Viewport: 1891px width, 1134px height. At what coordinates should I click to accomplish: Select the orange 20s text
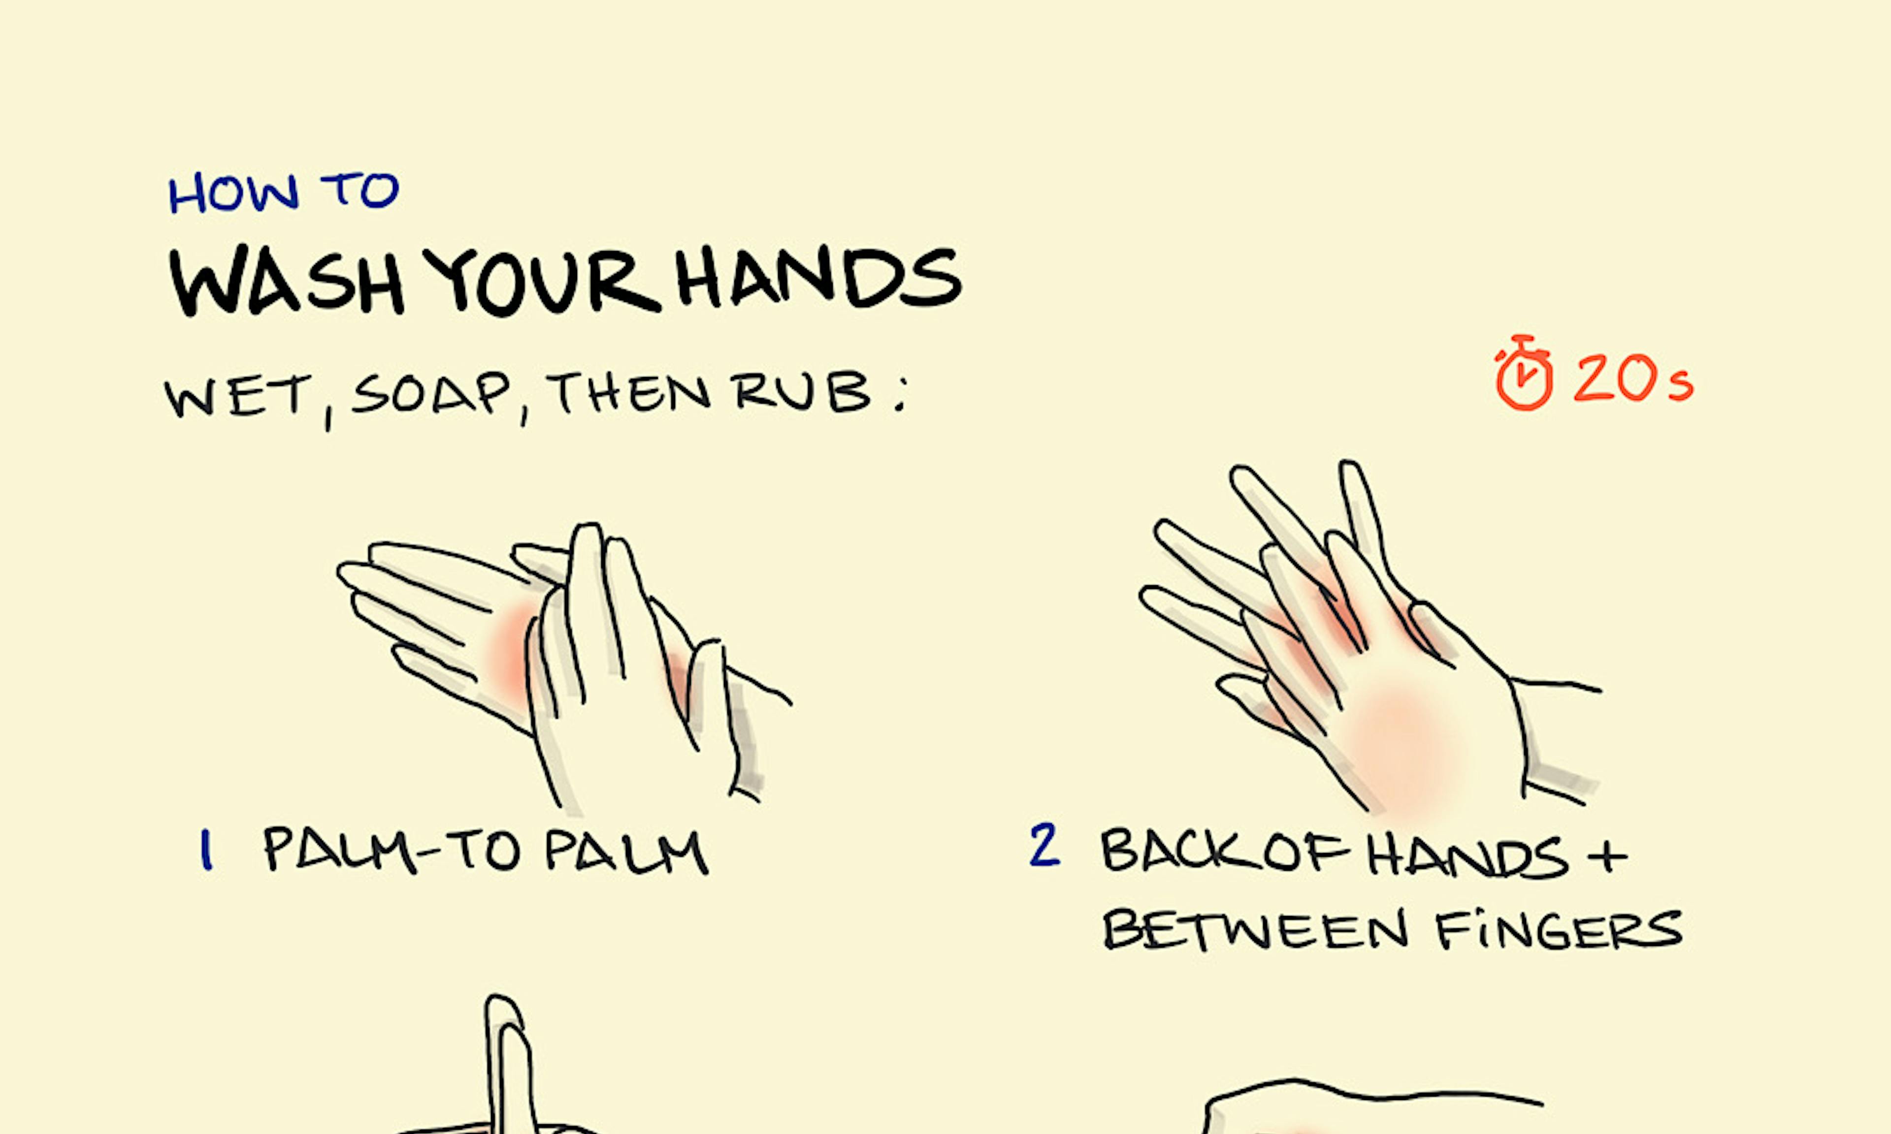pos(1633,378)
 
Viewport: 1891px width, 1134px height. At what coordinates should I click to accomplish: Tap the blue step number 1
pos(205,850)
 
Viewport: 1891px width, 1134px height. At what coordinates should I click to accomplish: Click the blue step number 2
pos(1045,845)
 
